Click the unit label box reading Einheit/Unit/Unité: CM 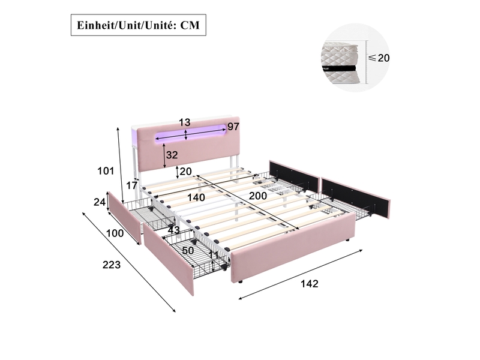[x=139, y=25]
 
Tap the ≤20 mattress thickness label [x=379, y=58]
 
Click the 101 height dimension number [x=106, y=170]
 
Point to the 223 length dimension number [x=112, y=265]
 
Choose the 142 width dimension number [x=310, y=284]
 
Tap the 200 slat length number [x=258, y=196]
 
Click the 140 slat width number [x=196, y=197]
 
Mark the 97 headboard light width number [x=233, y=127]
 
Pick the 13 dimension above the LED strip [x=185, y=122]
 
